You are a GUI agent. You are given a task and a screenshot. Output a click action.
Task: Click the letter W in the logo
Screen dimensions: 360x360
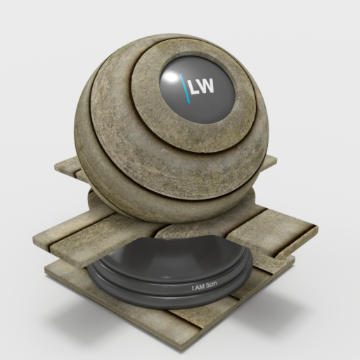206,86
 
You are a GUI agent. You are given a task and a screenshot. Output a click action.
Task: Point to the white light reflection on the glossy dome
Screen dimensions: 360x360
170,78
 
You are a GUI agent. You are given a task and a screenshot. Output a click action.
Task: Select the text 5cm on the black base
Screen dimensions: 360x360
210,284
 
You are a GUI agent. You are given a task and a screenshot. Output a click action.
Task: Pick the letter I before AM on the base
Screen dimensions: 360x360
193,288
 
